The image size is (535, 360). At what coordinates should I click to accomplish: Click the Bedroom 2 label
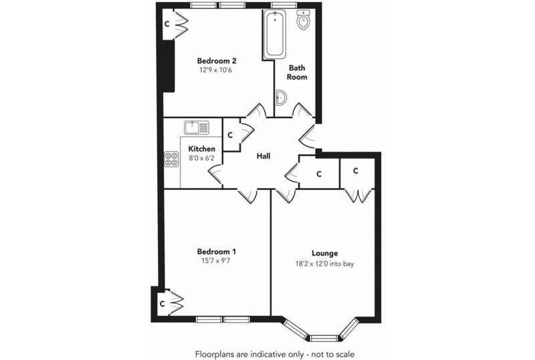[217, 61]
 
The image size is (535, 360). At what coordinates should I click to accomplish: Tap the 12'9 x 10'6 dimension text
[215, 70]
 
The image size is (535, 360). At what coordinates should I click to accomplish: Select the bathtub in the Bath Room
[275, 34]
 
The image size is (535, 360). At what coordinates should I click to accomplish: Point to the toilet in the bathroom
[303, 19]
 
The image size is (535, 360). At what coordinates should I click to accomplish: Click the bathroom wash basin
[281, 98]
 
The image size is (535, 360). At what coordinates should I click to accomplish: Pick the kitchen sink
[196, 128]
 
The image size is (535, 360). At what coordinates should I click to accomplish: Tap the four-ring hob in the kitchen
[172, 159]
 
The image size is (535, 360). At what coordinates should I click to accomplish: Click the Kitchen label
[202, 149]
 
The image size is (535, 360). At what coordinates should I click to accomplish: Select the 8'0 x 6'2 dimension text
[201, 158]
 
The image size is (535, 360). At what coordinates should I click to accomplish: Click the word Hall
[263, 156]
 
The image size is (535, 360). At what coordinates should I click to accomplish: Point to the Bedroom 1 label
[216, 252]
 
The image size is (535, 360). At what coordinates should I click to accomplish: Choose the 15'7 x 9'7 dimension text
[216, 261]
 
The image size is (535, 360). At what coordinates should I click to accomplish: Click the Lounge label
[324, 253]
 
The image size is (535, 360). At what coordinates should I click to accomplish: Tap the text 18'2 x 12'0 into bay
[324, 264]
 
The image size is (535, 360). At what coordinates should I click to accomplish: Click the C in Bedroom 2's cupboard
[167, 24]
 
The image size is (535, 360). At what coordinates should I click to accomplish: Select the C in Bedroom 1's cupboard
[163, 303]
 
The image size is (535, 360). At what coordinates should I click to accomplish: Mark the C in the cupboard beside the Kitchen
[230, 135]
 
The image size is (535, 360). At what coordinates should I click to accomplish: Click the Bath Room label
[297, 72]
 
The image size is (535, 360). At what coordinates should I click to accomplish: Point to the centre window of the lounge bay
[324, 339]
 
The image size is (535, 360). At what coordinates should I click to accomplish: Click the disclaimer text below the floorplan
[275, 354]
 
